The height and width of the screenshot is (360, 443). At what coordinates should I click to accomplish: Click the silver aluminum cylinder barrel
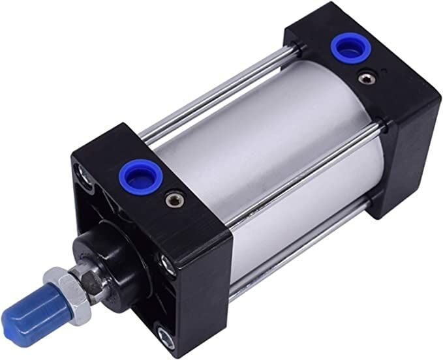coord(274,150)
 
